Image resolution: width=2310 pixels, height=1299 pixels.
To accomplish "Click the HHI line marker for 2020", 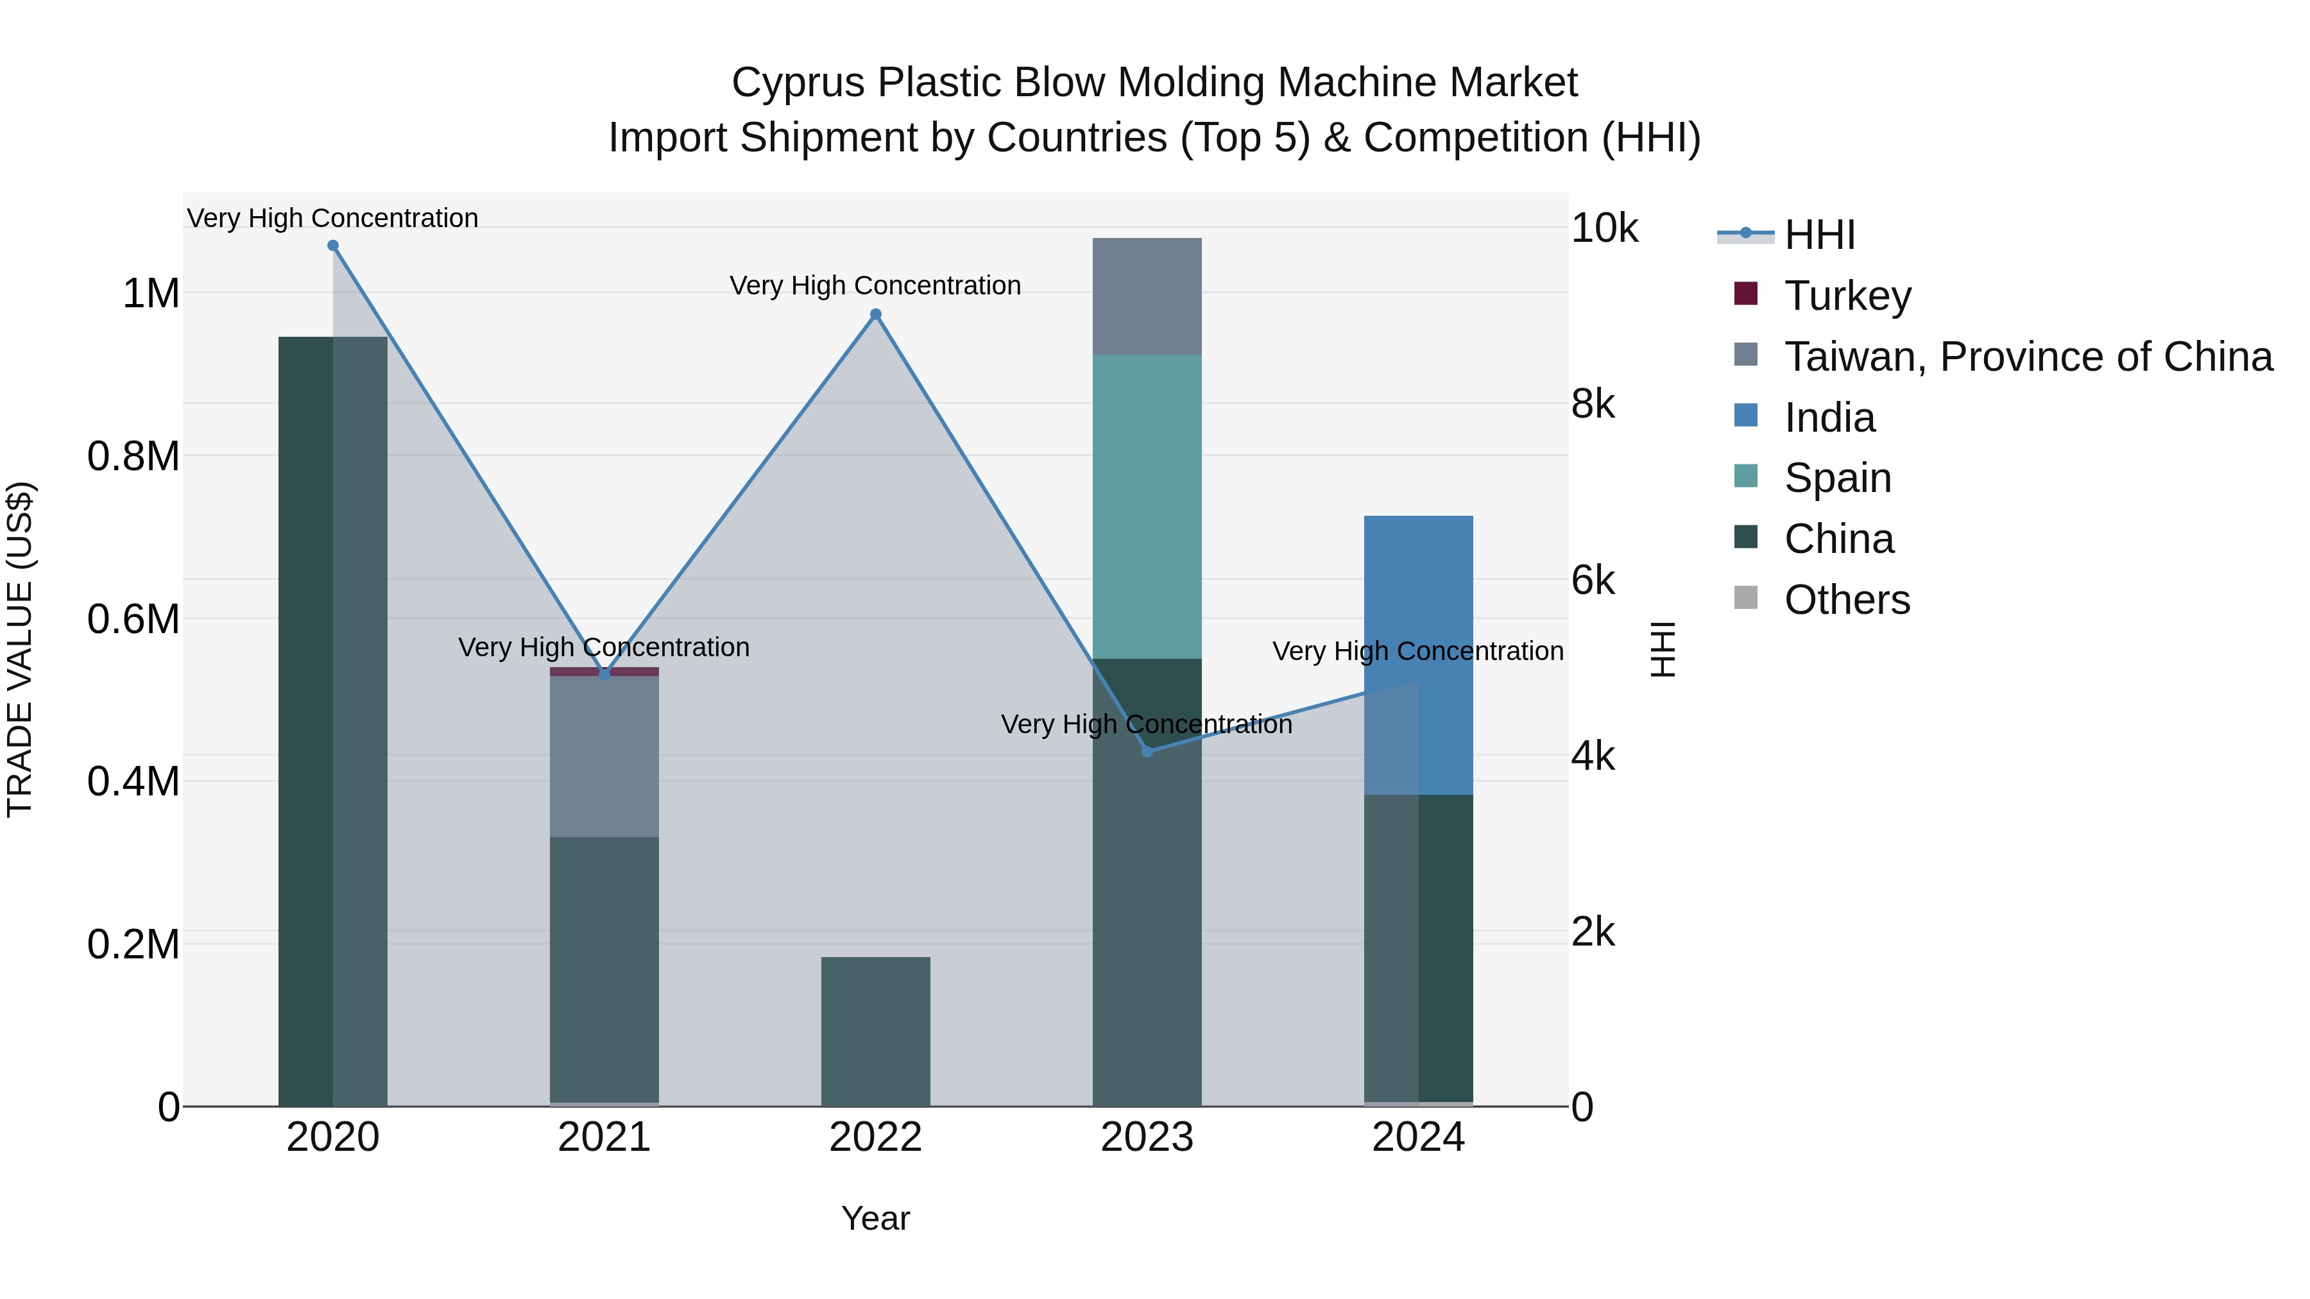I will (x=332, y=246).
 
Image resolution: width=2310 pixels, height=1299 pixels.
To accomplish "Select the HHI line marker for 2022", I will (x=876, y=315).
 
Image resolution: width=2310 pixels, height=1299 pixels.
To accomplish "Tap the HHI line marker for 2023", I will (x=1147, y=751).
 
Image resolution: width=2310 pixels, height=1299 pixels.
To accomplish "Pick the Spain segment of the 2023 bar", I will (x=1147, y=507).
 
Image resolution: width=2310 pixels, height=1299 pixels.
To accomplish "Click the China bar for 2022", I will (x=876, y=1031).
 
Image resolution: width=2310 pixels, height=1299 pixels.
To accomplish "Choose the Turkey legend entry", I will (x=1847, y=296).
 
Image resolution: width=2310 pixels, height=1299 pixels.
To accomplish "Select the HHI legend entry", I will (x=1820, y=235).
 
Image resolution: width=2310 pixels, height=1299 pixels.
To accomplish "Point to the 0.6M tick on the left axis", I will (x=133, y=618).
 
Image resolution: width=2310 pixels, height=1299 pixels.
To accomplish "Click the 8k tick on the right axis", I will (x=1593, y=404).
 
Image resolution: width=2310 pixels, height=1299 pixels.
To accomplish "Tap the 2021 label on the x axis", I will (x=604, y=1137).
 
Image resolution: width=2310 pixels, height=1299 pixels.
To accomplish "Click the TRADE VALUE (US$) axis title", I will (x=20, y=649).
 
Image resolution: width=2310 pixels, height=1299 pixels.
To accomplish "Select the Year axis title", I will (x=875, y=1218).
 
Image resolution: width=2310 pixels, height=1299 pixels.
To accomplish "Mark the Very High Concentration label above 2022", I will (x=875, y=285).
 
